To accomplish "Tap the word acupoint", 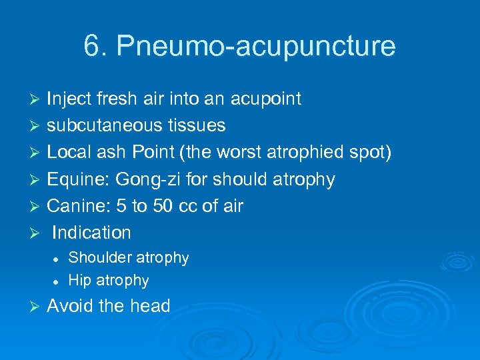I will click(x=265, y=100).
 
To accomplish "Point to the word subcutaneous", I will click(x=105, y=126).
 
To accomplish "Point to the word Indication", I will click(x=91, y=233).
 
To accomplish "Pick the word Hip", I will click(x=79, y=281).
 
